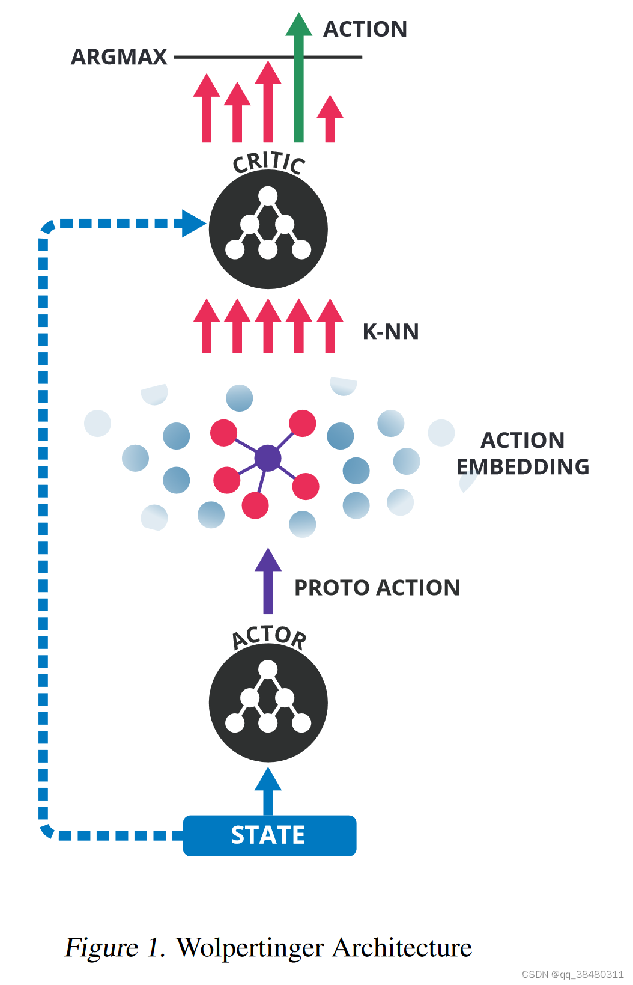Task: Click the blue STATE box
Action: (x=269, y=835)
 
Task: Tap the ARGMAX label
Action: (x=119, y=57)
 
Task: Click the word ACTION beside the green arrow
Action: (x=365, y=29)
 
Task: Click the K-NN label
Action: (x=390, y=332)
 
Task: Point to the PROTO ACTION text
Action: (x=377, y=588)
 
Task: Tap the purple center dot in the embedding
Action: (x=268, y=459)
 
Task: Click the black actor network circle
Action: (x=268, y=703)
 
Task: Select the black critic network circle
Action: (x=268, y=230)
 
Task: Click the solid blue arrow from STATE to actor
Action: (x=268, y=790)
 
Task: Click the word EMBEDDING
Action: (x=522, y=467)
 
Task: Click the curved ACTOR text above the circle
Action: (x=269, y=636)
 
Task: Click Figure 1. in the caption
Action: (x=114, y=948)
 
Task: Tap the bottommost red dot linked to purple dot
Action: (x=255, y=505)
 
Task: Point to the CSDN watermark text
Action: (x=572, y=974)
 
